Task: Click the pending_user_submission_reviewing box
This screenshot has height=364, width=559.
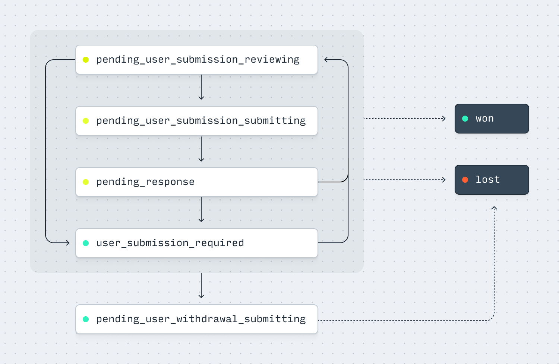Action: coord(197,60)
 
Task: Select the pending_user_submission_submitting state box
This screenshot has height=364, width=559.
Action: coord(197,121)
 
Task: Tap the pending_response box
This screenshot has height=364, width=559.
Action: coord(197,182)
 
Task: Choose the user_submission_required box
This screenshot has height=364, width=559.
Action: coord(197,243)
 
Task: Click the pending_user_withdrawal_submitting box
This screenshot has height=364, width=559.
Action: coord(197,319)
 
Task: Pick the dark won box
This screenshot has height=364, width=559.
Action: coord(492,119)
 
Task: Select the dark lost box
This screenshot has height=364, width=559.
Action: coord(492,180)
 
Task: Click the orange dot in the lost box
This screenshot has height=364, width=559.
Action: coord(465,180)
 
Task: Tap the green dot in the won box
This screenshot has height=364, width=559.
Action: coord(465,119)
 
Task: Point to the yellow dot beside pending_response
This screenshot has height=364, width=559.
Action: coord(86,182)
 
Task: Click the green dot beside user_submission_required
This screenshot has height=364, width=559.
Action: coord(86,243)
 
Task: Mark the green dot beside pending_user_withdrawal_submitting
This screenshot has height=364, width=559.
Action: coord(86,319)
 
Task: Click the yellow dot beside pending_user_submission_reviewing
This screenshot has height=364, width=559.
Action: coord(86,60)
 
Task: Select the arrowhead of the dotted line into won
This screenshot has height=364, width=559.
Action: coord(443,119)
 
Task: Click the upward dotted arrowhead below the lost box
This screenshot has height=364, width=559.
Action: coord(494,208)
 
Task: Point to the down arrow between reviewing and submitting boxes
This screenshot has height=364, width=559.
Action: coord(201,87)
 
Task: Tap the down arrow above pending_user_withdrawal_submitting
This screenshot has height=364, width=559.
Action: coord(201,286)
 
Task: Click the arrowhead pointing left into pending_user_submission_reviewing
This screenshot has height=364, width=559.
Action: coord(326,60)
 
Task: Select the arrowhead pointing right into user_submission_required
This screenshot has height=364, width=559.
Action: coord(67,243)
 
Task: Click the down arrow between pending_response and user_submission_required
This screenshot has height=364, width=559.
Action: coord(201,210)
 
